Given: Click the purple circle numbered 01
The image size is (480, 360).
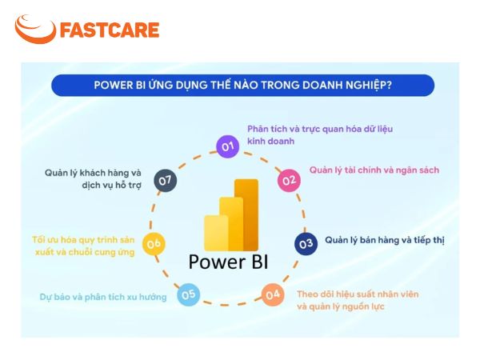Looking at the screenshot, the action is (x=227, y=146).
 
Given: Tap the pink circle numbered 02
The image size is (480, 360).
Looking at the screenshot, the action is (x=289, y=180).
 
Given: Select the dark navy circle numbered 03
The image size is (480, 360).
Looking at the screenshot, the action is (x=306, y=244).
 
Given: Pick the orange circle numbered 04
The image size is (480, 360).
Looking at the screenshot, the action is (x=273, y=294).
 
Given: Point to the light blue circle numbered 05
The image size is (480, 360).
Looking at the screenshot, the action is (x=188, y=294).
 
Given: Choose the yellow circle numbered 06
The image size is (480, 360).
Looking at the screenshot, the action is (x=154, y=244).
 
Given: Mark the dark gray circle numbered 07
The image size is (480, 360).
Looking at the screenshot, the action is (x=166, y=180).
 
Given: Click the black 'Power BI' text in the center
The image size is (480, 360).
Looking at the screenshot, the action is (x=228, y=262).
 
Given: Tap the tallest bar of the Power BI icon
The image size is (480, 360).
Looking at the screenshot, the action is (x=246, y=215).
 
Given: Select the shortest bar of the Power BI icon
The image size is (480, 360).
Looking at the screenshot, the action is (x=216, y=233).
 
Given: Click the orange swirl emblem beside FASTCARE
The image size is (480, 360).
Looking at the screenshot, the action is (x=35, y=29).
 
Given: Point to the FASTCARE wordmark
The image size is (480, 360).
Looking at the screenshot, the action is (x=110, y=30).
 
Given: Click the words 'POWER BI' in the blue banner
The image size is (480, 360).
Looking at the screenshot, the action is (x=120, y=85).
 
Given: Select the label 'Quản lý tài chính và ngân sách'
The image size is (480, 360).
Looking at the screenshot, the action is (x=374, y=170).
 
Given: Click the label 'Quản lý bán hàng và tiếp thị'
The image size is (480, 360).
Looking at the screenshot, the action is (x=385, y=240).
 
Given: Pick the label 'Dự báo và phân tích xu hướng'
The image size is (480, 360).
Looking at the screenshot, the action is (x=103, y=297).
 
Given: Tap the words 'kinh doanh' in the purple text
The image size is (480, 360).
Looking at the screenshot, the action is (x=270, y=141).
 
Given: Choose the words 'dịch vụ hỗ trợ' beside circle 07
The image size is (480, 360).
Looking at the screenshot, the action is (x=111, y=186).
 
